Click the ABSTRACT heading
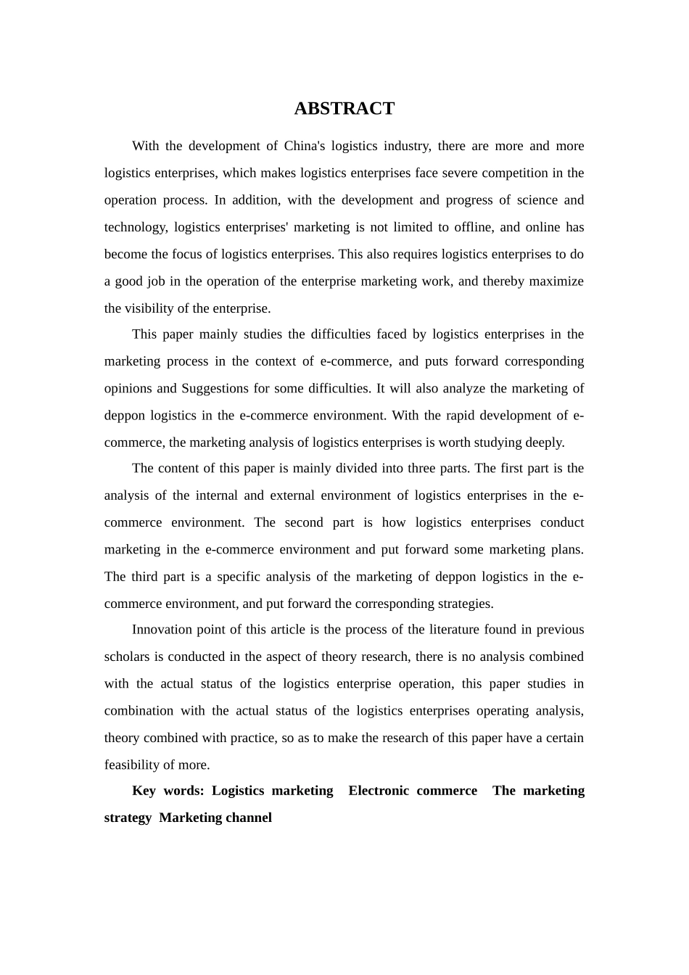pos(344,109)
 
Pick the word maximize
pos(556,281)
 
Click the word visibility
pos(150,308)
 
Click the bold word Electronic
pos(379,791)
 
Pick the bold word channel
pos(249,818)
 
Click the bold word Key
pos(144,791)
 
